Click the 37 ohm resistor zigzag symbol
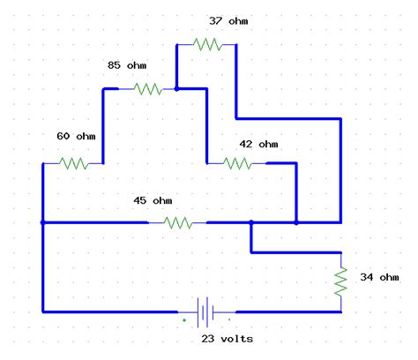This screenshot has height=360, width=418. (207, 43)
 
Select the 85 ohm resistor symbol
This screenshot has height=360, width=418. (147, 88)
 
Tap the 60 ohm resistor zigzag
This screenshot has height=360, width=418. (73, 163)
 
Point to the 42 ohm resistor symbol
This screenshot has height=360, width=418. (237, 163)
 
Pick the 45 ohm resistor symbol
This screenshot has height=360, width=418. (177, 223)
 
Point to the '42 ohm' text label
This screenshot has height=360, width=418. (258, 144)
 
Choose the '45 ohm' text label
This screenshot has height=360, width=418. (153, 201)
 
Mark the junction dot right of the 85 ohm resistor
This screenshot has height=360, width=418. (177, 88)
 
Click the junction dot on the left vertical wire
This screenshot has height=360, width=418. (42, 223)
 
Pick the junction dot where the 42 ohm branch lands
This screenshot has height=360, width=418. (296, 223)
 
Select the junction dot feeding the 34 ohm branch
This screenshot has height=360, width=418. (251, 223)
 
